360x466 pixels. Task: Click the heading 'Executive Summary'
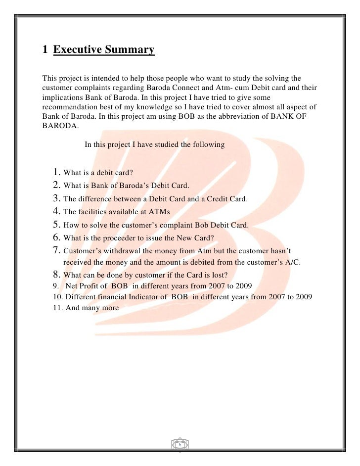(x=104, y=50)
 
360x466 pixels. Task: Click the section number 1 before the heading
(x=45, y=50)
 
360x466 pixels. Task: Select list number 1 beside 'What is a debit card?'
(x=56, y=173)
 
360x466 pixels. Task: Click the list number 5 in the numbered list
(x=56, y=224)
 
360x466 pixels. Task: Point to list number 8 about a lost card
(x=56, y=276)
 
